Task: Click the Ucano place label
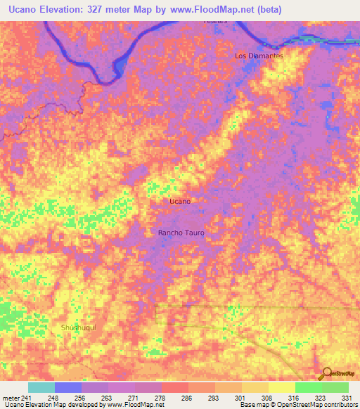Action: pyautogui.click(x=180, y=201)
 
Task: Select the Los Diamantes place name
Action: pyautogui.click(x=259, y=56)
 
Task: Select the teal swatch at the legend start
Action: pyautogui.click(x=41, y=387)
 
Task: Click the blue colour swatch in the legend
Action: pyautogui.click(x=68, y=387)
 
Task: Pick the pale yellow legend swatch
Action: pyautogui.click(x=281, y=387)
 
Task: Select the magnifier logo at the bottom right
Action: pyautogui.click(x=326, y=373)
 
